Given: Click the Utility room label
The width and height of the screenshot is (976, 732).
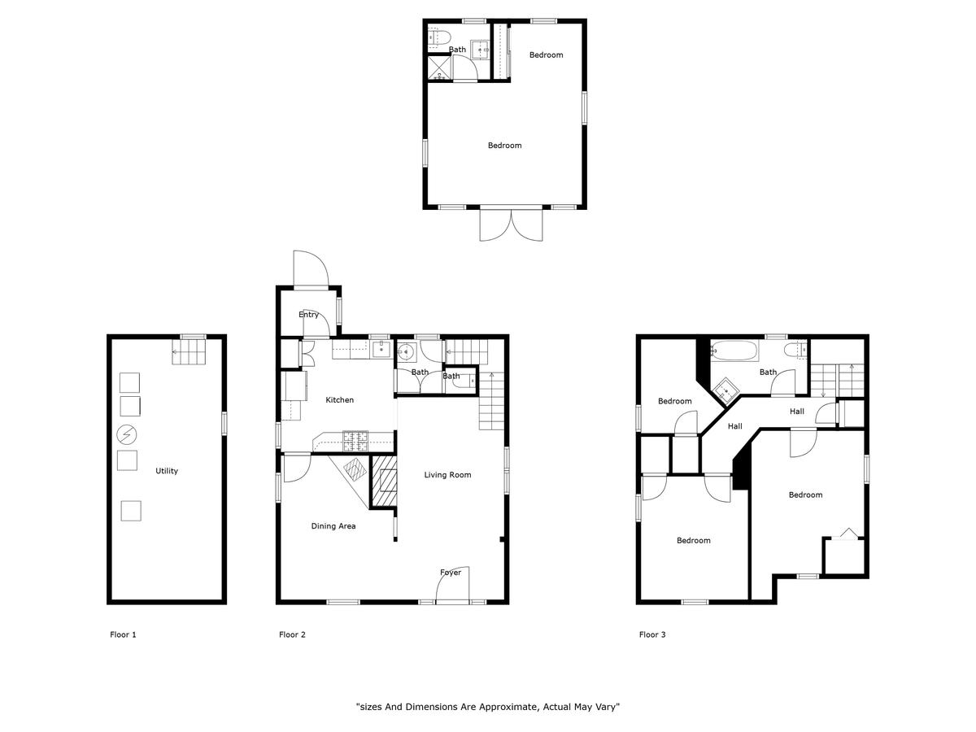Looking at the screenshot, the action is (x=166, y=471).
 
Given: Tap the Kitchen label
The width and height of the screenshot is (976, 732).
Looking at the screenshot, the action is (x=339, y=400).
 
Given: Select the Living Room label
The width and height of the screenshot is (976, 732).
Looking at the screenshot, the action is (x=447, y=475).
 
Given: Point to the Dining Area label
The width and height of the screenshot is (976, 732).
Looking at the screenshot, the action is (x=333, y=526).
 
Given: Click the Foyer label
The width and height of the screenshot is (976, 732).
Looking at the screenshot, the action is (x=451, y=573).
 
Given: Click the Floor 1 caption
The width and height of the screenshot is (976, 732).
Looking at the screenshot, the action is (x=123, y=634).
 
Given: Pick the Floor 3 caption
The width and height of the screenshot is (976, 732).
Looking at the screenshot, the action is (x=652, y=634).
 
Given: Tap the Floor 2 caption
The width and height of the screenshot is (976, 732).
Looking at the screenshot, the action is (x=292, y=634).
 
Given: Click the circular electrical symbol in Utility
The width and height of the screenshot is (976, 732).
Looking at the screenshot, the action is (x=127, y=434).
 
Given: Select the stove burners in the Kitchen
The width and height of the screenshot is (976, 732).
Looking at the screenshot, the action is (x=355, y=442).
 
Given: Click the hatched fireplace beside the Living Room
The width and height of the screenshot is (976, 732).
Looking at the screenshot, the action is (x=384, y=481).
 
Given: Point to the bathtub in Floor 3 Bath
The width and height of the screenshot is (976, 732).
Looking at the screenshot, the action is (x=734, y=351).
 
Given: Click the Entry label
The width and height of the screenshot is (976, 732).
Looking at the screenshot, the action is (x=308, y=315).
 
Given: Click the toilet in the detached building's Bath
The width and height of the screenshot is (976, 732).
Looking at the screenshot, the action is (x=439, y=37).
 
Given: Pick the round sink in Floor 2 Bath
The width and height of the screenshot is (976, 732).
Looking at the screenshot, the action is (x=406, y=353).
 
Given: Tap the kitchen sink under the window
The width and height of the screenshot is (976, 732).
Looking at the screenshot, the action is (x=381, y=350).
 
